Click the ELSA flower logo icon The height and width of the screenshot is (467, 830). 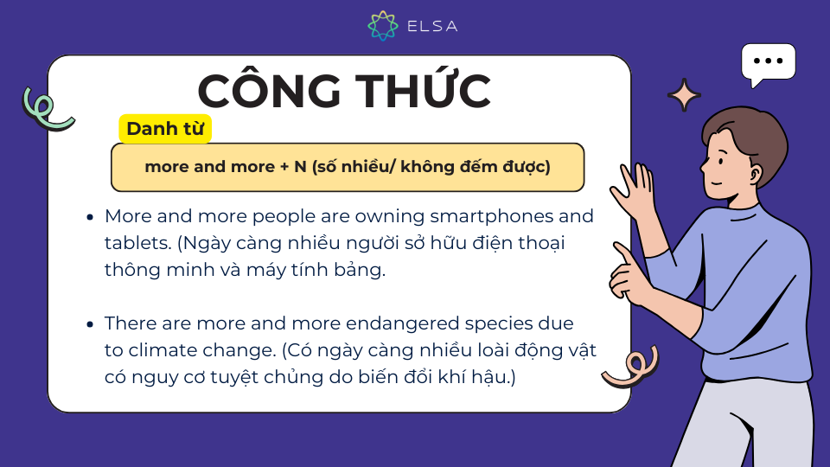[383, 25]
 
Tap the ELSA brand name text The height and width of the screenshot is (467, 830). [432, 26]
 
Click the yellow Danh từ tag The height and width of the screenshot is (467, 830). [165, 129]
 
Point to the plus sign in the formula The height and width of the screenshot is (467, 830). [284, 167]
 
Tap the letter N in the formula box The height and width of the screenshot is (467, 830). [301, 167]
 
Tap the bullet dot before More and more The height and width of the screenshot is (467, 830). [90, 217]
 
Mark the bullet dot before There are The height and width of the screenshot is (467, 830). [90, 324]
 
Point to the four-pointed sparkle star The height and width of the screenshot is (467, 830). [684, 95]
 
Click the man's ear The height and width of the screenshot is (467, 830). [754, 173]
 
